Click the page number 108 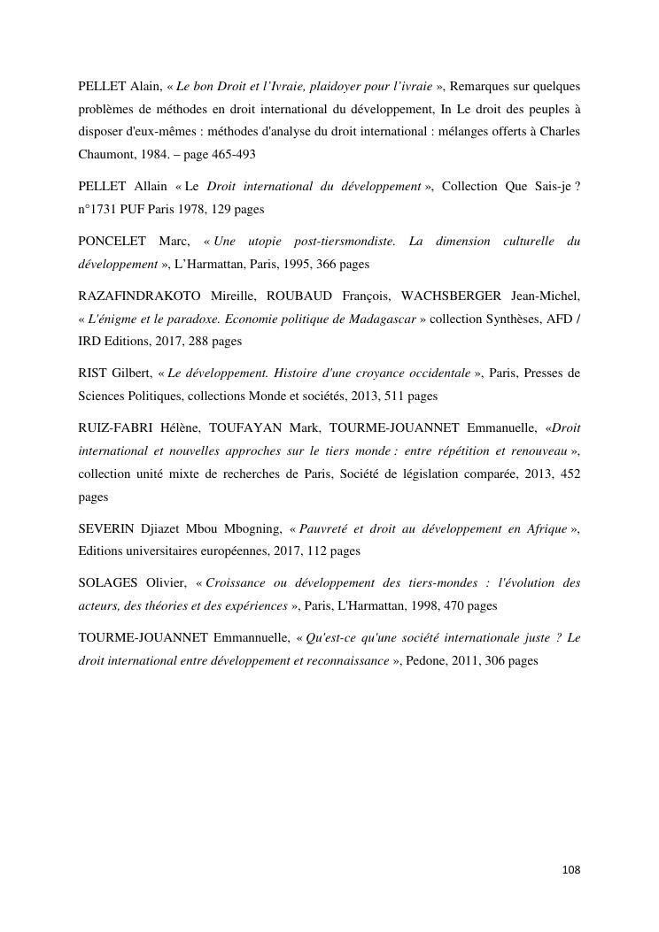tap(571, 870)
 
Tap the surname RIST tap(92, 374)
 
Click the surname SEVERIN tap(105, 529)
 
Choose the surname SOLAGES tap(108, 583)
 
